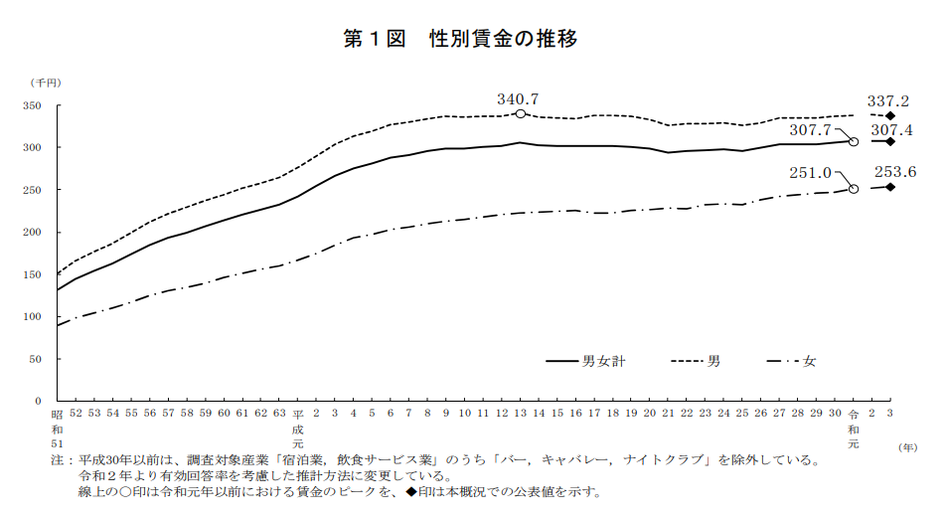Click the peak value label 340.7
point(518,98)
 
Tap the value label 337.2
point(887,100)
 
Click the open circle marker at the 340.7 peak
point(520,114)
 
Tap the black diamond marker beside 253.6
point(890,186)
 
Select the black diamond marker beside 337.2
point(890,116)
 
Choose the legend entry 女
point(809,361)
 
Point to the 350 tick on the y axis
point(37,105)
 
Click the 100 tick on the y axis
point(37,316)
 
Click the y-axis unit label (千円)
point(46,81)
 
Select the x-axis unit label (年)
point(908,446)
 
